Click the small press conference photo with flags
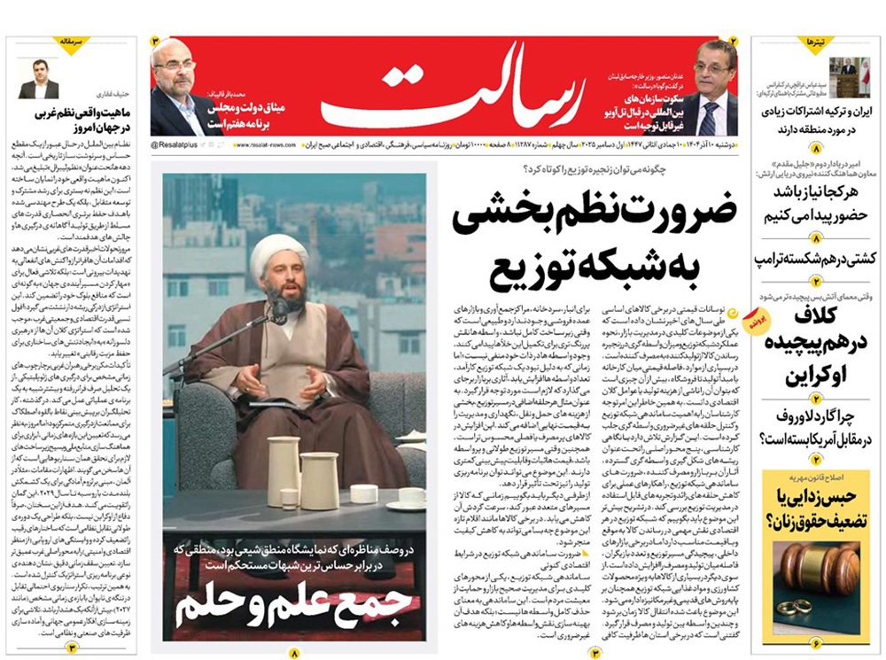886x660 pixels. click(x=849, y=76)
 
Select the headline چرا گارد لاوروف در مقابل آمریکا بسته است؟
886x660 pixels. click(x=813, y=426)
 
